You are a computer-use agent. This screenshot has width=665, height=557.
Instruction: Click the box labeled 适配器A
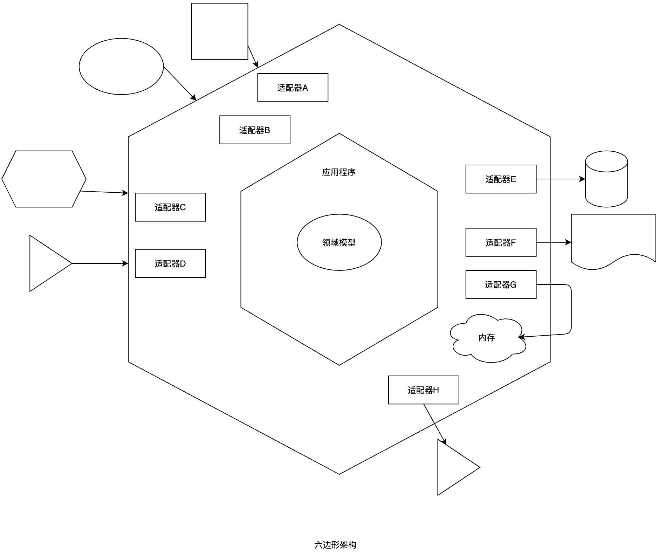(293, 88)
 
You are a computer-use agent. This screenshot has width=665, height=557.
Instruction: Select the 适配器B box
(255, 130)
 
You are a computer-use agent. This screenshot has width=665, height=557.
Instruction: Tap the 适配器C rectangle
(170, 207)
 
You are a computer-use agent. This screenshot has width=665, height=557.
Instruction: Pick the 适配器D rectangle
(170, 263)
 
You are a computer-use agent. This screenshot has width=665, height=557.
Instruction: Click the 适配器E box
(501, 179)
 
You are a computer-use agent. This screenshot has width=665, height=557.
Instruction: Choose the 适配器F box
(501, 242)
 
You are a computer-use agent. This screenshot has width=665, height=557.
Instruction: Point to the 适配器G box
(501, 284)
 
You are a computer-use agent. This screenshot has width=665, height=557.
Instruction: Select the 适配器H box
(423, 390)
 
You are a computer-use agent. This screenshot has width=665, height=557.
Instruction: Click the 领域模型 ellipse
(339, 242)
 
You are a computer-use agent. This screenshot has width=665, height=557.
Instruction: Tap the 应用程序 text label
(339, 172)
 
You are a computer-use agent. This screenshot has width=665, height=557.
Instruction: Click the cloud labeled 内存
(487, 338)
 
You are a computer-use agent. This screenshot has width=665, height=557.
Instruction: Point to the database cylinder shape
(606, 179)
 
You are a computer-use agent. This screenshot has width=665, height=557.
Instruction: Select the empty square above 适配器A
(220, 32)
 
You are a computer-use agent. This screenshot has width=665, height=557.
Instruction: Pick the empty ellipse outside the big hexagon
(121, 67)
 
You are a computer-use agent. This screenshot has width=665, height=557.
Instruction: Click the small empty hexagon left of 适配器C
(44, 179)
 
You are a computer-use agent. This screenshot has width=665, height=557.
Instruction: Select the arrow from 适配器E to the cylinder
(561, 179)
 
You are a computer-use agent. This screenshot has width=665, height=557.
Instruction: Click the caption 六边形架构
(335, 545)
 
